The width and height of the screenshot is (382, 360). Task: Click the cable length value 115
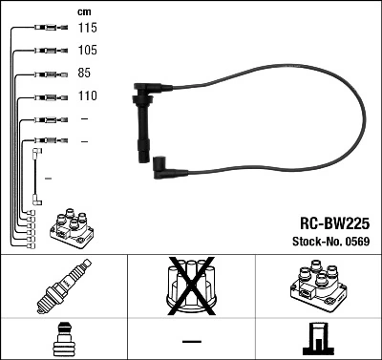tap(88, 28)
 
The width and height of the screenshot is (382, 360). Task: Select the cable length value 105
tap(88, 50)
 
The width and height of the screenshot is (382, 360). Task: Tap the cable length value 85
tap(85, 73)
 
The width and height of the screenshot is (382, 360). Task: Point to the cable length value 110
tap(88, 96)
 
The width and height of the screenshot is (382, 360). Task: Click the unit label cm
tap(83, 11)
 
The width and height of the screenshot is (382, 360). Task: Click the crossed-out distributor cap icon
tap(190, 287)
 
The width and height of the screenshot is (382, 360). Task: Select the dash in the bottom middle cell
tap(191, 341)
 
